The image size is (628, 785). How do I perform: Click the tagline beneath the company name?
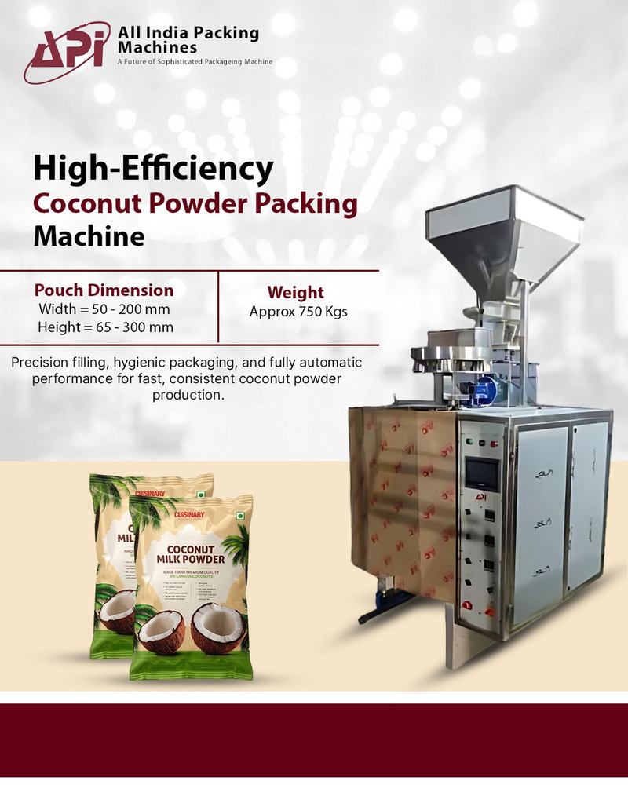click(195, 61)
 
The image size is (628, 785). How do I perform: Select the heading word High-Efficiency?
click(153, 168)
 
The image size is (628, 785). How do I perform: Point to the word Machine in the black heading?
click(88, 236)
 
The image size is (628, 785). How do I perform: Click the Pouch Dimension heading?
click(104, 290)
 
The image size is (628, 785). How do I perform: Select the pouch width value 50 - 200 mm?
click(130, 309)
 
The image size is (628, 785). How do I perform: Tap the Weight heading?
click(298, 293)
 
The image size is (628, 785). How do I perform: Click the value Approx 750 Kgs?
click(298, 311)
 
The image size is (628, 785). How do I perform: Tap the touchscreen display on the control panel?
click(482, 473)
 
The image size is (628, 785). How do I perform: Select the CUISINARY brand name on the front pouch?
click(189, 514)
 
